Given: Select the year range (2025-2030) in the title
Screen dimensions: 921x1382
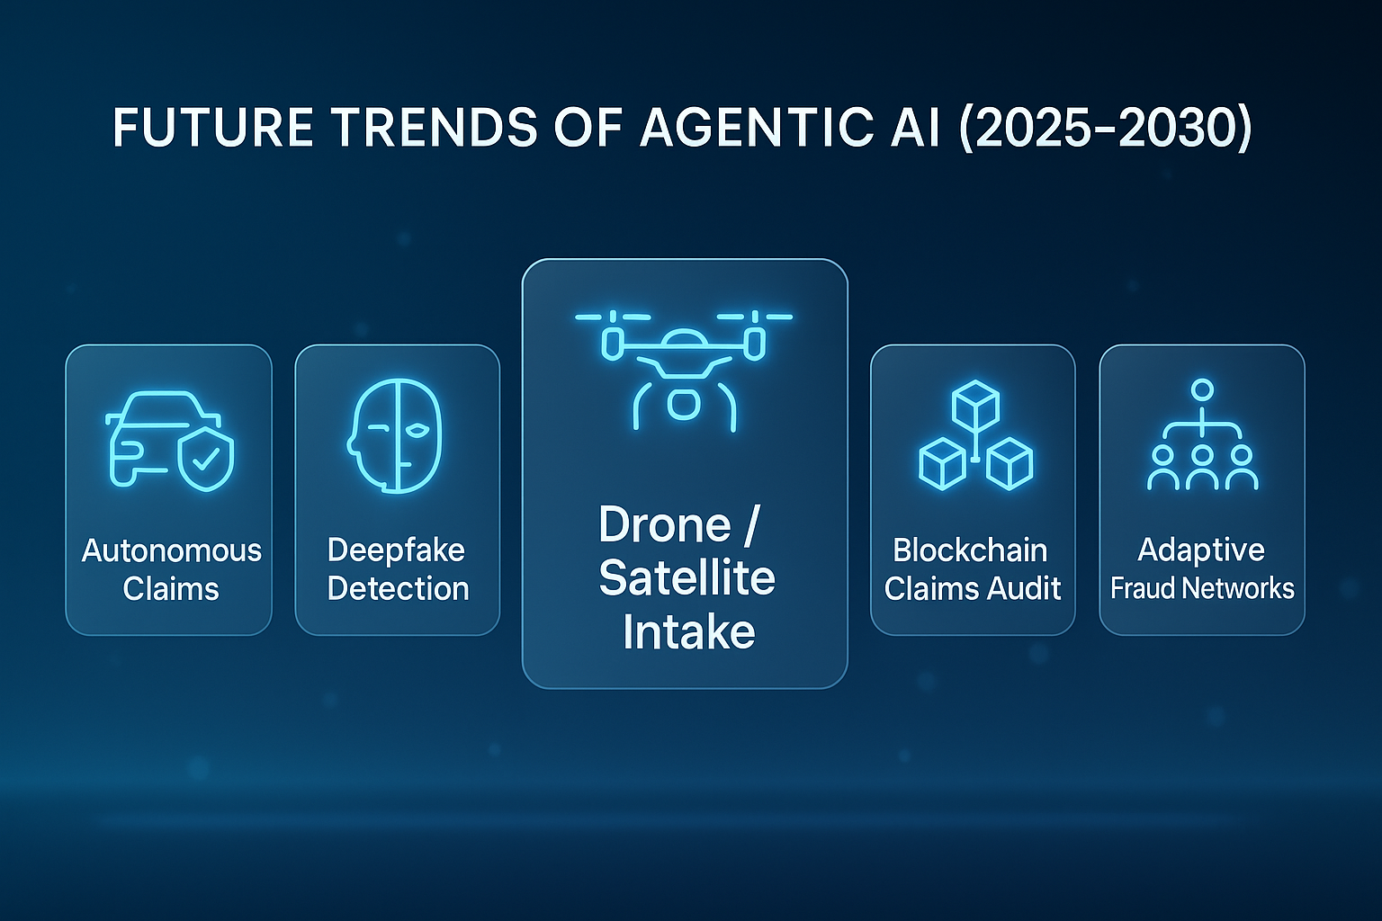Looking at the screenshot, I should (1105, 128).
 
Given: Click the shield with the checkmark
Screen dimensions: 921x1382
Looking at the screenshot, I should (206, 460).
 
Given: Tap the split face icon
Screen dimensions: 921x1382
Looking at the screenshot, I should (396, 435).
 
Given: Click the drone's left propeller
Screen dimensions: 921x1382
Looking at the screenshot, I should (613, 317).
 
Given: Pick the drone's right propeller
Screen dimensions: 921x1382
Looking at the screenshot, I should (755, 317).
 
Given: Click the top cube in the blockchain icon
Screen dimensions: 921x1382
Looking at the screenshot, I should (975, 404).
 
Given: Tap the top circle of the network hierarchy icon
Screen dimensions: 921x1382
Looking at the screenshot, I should (1202, 389).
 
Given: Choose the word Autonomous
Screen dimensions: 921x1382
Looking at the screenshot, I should (171, 550).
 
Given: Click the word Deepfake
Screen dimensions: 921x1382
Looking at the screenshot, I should (396, 550).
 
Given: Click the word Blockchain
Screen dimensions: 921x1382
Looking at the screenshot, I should (970, 550).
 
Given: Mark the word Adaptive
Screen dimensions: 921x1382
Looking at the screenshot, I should (1201, 550).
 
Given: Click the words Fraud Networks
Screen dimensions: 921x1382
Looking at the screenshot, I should (1202, 589).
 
